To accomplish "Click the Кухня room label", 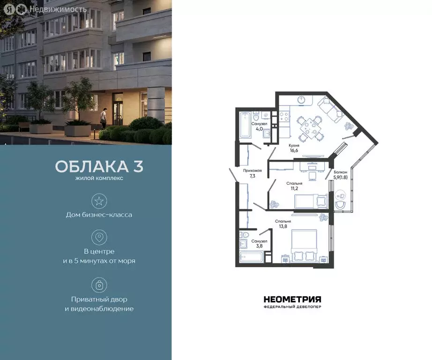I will [x=294, y=146].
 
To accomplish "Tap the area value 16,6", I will [x=294, y=151].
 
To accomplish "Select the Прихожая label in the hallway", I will [x=252, y=171].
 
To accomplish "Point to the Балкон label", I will [x=340, y=172].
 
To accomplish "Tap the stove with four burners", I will [x=284, y=116].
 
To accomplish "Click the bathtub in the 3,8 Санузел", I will [x=250, y=257].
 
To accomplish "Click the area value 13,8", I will [x=283, y=226].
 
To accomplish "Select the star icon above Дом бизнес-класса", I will [x=99, y=201].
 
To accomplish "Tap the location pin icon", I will [x=99, y=237].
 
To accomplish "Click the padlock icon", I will [x=99, y=285].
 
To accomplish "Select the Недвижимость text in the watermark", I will [x=58, y=9].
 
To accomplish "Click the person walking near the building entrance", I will [x=104, y=118].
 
